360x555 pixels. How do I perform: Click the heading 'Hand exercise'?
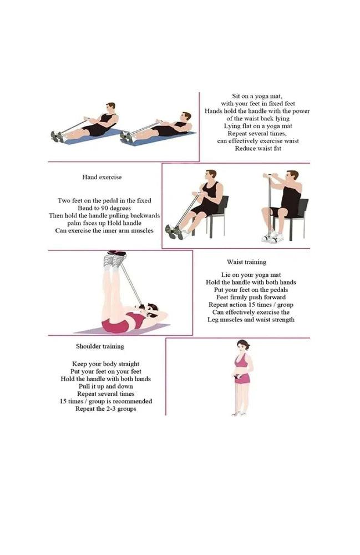[102, 177]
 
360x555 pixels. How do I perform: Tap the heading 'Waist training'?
[246, 262]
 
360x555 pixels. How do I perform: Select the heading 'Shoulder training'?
[100, 346]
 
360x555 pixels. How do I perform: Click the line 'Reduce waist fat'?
[258, 148]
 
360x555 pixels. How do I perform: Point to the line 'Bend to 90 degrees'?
[104, 208]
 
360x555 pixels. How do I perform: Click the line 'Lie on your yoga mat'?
[251, 275]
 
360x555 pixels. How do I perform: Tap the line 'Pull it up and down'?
[106, 386]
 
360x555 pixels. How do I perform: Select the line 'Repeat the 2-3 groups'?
[106, 409]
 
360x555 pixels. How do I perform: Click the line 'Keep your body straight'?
[106, 364]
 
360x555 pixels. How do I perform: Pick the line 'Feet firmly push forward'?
[251, 297]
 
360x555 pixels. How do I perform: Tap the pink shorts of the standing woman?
[242, 378]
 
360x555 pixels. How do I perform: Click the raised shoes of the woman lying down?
[115, 259]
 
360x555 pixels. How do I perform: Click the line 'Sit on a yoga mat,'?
[257, 96]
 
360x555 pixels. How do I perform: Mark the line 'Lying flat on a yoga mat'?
[258, 126]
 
